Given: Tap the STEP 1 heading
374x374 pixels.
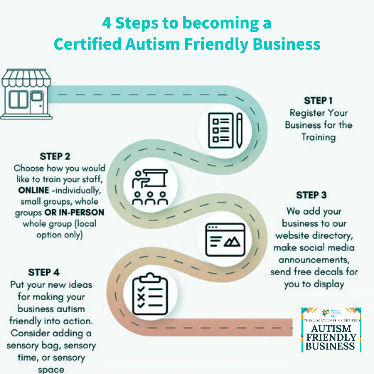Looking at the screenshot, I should [318, 100].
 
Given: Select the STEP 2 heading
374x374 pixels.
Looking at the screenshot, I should [55, 156].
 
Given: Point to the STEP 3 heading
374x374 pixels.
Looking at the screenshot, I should [311, 195].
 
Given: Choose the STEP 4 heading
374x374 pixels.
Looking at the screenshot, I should [44, 272].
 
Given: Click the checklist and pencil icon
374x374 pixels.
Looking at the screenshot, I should [225, 130].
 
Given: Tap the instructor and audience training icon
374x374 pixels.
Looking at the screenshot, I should [150, 187].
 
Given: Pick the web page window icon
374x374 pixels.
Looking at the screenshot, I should [225, 239].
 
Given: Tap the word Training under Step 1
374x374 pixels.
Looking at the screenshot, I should [318, 137].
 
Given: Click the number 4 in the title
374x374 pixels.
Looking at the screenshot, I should [106, 23].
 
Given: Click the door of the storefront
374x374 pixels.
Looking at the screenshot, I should [37, 102].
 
